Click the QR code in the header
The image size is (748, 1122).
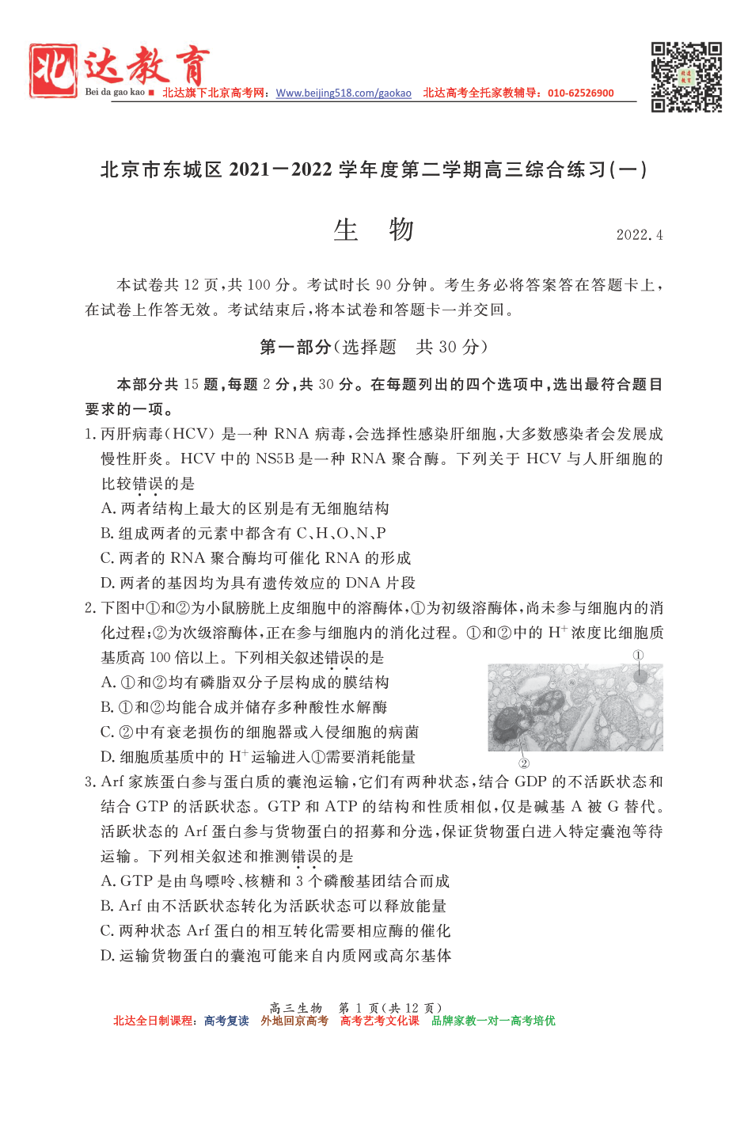point(685,77)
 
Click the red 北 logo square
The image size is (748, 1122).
point(54,71)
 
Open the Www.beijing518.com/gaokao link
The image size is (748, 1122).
point(344,93)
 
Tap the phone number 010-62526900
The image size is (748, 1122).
point(580,93)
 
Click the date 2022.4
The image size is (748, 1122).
point(639,235)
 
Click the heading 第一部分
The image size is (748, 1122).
point(295,347)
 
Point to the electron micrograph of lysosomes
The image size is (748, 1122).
point(575,707)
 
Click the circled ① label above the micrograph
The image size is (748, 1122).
point(638,655)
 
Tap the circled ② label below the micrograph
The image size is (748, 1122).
point(523,763)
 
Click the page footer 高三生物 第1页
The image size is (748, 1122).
point(355,1008)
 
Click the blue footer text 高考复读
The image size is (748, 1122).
point(226,1021)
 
